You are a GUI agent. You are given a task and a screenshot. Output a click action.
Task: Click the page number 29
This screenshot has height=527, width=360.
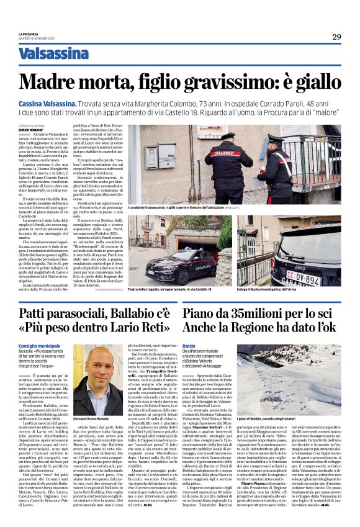point(336,37)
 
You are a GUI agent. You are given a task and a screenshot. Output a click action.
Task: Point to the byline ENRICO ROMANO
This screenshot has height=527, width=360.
point(32,131)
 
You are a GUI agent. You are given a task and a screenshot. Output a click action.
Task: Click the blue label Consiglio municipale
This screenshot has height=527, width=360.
point(39,345)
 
